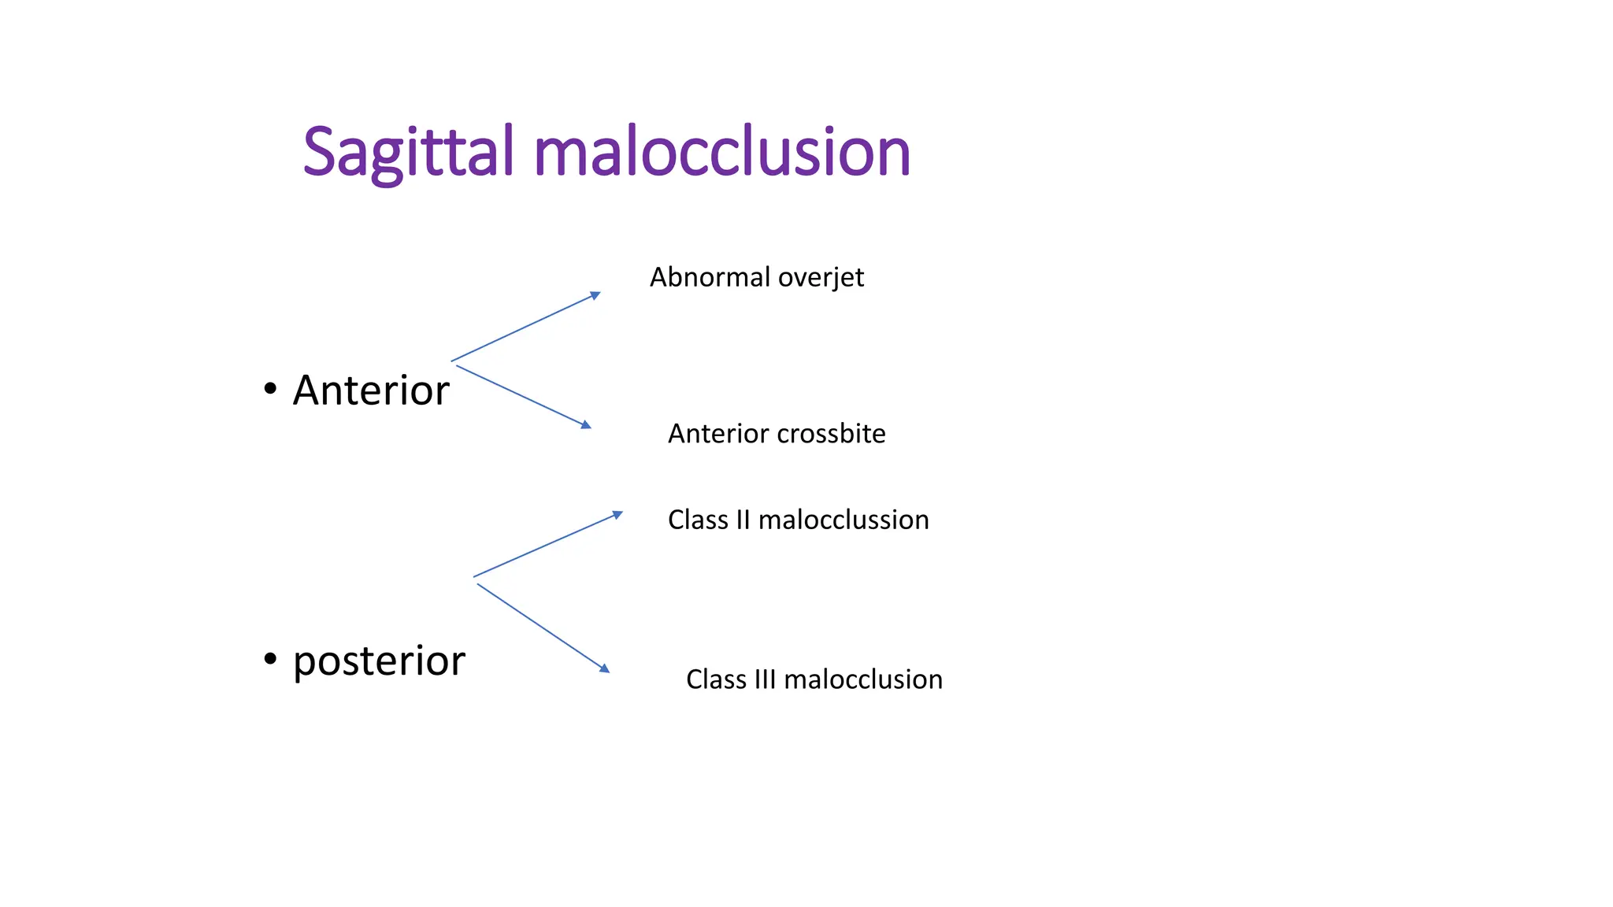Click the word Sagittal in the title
pyautogui.click(x=408, y=153)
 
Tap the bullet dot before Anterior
pyautogui.click(x=270, y=388)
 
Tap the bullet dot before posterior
pyautogui.click(x=270, y=657)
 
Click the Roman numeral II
pyautogui.click(x=743, y=520)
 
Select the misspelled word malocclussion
pyautogui.click(x=844, y=520)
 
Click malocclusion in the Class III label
pyautogui.click(x=863, y=679)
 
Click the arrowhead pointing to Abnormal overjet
pyautogui.click(x=596, y=295)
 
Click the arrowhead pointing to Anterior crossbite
pyautogui.click(x=586, y=425)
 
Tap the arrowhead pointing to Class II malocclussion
pyautogui.click(x=618, y=515)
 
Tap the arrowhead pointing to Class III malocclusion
pyautogui.click(x=605, y=668)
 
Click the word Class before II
pyautogui.click(x=698, y=520)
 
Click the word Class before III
pyautogui.click(x=716, y=679)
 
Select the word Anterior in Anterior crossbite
pyautogui.click(x=718, y=434)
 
